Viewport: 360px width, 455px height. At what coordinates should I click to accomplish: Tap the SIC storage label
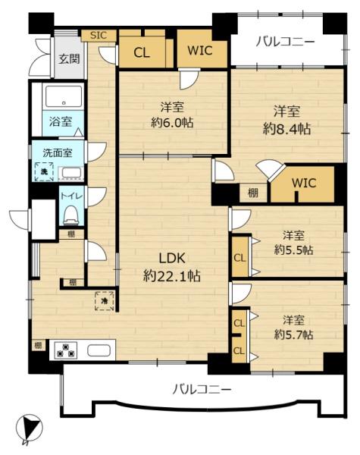point(99,35)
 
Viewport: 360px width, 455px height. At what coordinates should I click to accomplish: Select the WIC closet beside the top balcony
point(202,52)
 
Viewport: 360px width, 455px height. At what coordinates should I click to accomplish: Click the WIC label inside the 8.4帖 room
point(303,183)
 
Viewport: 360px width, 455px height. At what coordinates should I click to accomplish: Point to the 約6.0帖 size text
point(173,123)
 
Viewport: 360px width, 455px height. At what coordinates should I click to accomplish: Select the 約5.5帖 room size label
point(295,249)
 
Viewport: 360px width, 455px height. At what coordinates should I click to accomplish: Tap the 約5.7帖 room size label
point(295,334)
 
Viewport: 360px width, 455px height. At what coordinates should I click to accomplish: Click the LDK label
point(171,257)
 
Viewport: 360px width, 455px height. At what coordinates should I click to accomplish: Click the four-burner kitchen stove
point(66,350)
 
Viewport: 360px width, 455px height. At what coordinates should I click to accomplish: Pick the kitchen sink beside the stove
point(99,350)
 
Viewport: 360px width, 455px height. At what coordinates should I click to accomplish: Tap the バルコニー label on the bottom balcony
point(201,390)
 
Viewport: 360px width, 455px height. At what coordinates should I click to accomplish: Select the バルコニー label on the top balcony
point(284,42)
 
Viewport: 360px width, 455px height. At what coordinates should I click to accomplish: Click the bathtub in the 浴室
point(64,97)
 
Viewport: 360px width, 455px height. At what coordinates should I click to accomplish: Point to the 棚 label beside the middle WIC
point(253,193)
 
